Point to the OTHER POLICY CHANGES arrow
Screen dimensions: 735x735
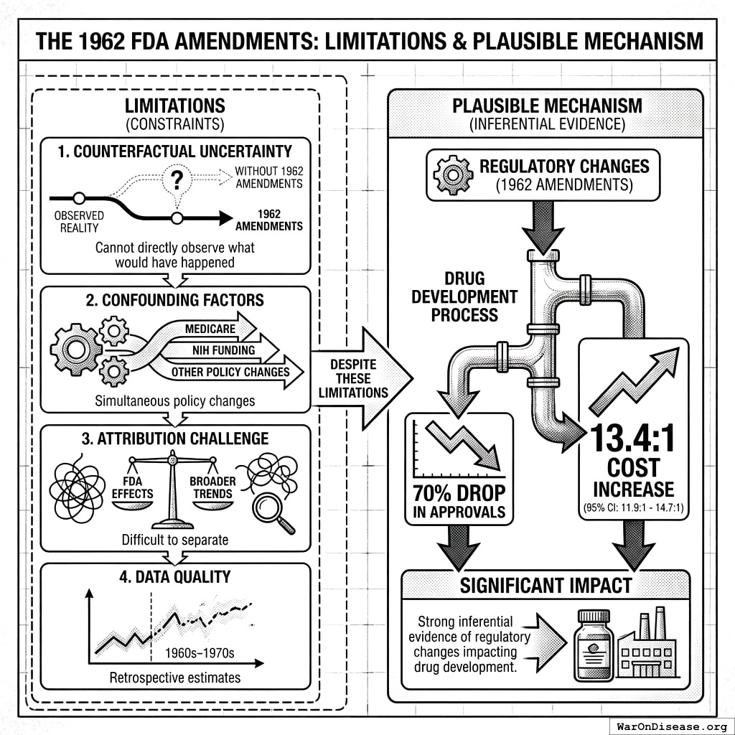230,372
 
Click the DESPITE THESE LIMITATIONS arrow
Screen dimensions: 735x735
359,376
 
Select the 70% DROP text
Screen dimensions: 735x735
459,493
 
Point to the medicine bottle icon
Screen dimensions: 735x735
593,645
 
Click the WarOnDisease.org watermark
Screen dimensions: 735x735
672,726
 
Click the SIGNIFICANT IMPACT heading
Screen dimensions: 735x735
546,585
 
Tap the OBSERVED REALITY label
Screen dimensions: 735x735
78,221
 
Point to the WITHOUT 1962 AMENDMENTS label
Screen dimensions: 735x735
268,178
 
